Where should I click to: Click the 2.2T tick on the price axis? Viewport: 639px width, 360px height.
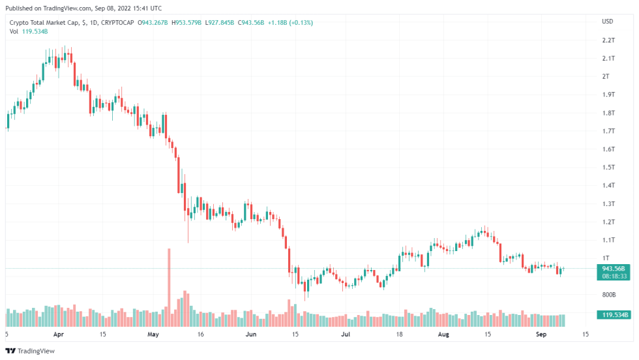[608, 40]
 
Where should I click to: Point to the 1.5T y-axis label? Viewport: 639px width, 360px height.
[608, 168]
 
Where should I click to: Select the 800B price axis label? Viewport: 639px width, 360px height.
[608, 295]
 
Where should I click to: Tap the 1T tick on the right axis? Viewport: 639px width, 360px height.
[606, 258]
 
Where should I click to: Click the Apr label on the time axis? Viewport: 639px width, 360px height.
[59, 335]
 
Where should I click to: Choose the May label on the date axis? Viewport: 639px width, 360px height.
[153, 335]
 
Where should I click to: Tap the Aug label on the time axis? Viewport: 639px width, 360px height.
[443, 335]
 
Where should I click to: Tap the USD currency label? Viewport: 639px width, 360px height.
[607, 22]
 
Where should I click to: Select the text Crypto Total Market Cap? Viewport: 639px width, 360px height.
[43, 23]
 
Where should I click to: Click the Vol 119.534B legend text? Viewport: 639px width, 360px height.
[27, 31]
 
